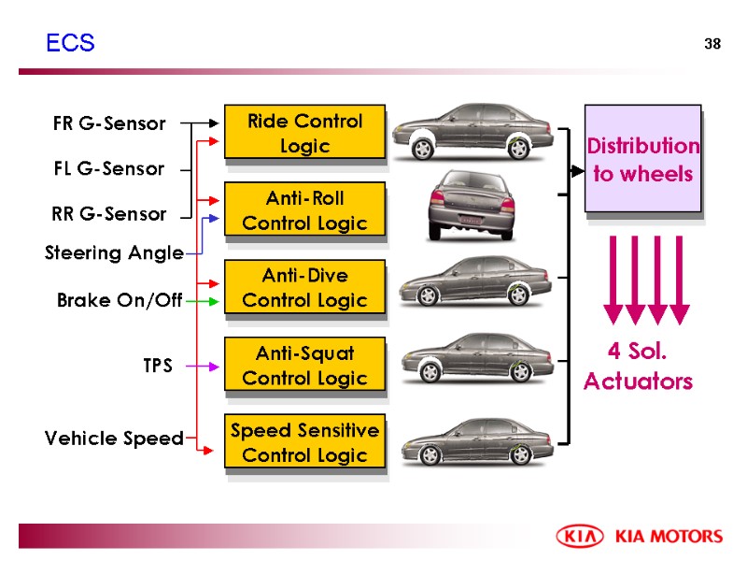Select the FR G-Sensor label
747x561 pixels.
(x=109, y=123)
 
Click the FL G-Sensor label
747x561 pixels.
(x=108, y=169)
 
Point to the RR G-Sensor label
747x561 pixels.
(x=109, y=214)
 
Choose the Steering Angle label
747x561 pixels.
(x=115, y=253)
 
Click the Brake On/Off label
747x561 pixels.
(x=120, y=301)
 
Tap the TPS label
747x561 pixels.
(x=157, y=367)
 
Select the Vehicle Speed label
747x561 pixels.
(x=114, y=439)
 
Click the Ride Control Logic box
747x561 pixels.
(x=303, y=133)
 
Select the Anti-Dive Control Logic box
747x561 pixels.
(x=303, y=287)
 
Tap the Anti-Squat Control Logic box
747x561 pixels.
(x=303, y=365)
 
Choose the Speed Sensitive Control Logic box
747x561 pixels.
(x=303, y=442)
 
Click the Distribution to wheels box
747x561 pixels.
(x=641, y=159)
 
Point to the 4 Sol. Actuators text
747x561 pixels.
(x=639, y=367)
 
